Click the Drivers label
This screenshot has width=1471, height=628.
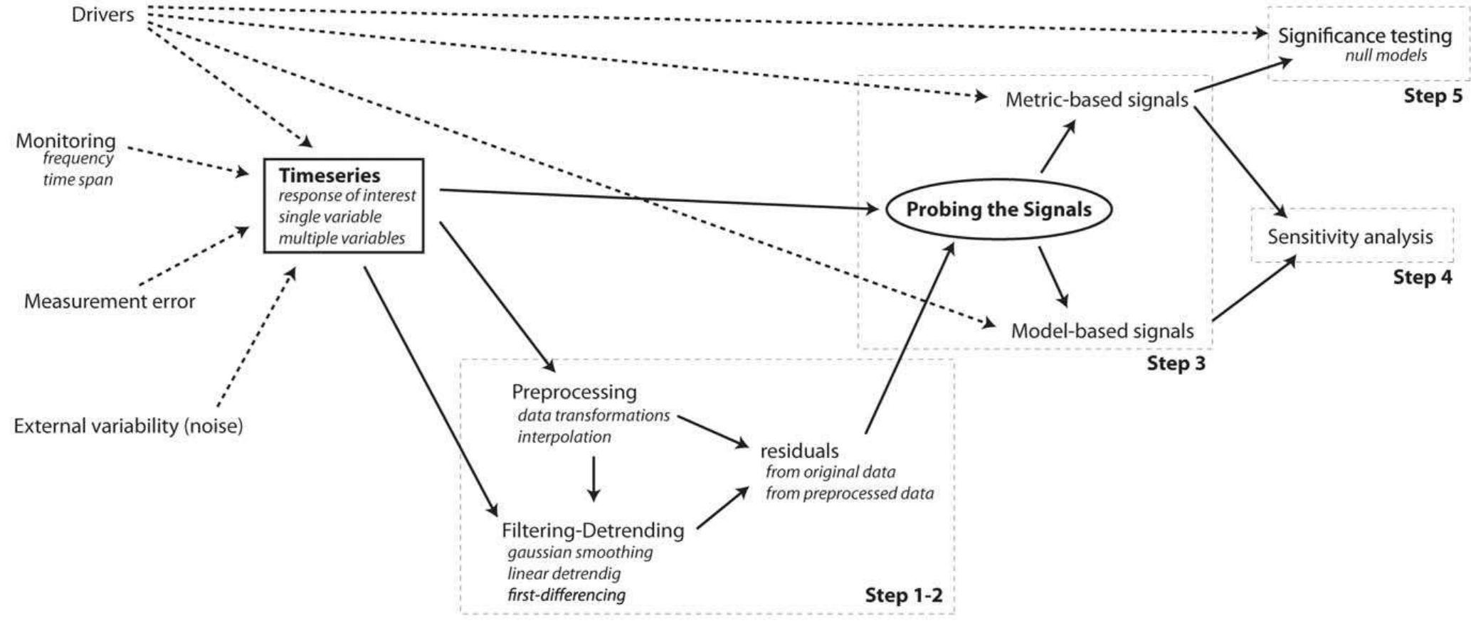[x=102, y=14]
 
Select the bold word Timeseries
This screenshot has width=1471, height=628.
[x=329, y=175]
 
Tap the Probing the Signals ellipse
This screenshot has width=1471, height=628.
[x=998, y=209]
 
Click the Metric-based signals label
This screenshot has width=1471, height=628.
[x=1096, y=100]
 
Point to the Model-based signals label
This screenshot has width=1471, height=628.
[x=1102, y=331]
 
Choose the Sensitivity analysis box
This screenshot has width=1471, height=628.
[x=1349, y=236]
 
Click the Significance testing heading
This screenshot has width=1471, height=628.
[x=1364, y=36]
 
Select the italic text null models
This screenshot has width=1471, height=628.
[x=1385, y=55]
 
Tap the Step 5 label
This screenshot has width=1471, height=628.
[x=1433, y=96]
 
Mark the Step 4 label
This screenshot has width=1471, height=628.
[x=1422, y=277]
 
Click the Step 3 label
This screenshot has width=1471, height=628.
[x=1176, y=364]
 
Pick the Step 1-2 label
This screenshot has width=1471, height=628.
[x=903, y=595]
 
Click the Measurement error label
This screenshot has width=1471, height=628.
[x=109, y=302]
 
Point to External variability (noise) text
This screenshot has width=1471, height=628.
[x=128, y=426]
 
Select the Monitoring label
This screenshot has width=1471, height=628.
[x=65, y=141]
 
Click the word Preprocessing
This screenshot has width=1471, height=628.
[x=574, y=392]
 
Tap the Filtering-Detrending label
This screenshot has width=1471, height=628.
[x=592, y=531]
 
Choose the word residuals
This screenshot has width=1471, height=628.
[x=799, y=451]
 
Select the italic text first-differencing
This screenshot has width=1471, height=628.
[x=566, y=595]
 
